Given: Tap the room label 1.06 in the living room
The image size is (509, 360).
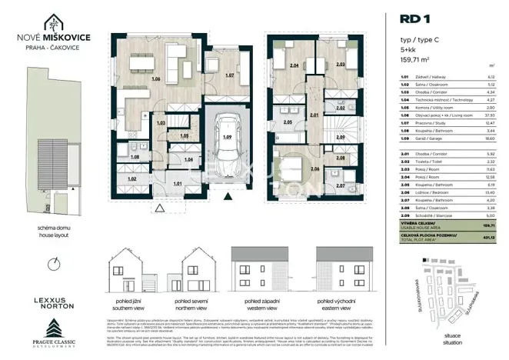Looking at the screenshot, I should [156, 78].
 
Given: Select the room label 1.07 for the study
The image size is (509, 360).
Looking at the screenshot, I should [228, 75].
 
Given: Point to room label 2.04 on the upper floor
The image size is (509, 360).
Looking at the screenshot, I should [293, 66].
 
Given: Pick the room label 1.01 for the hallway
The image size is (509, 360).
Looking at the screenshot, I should [177, 184].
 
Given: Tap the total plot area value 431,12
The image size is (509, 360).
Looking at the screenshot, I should [488, 237].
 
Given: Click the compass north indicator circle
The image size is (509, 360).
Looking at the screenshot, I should [51, 264].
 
